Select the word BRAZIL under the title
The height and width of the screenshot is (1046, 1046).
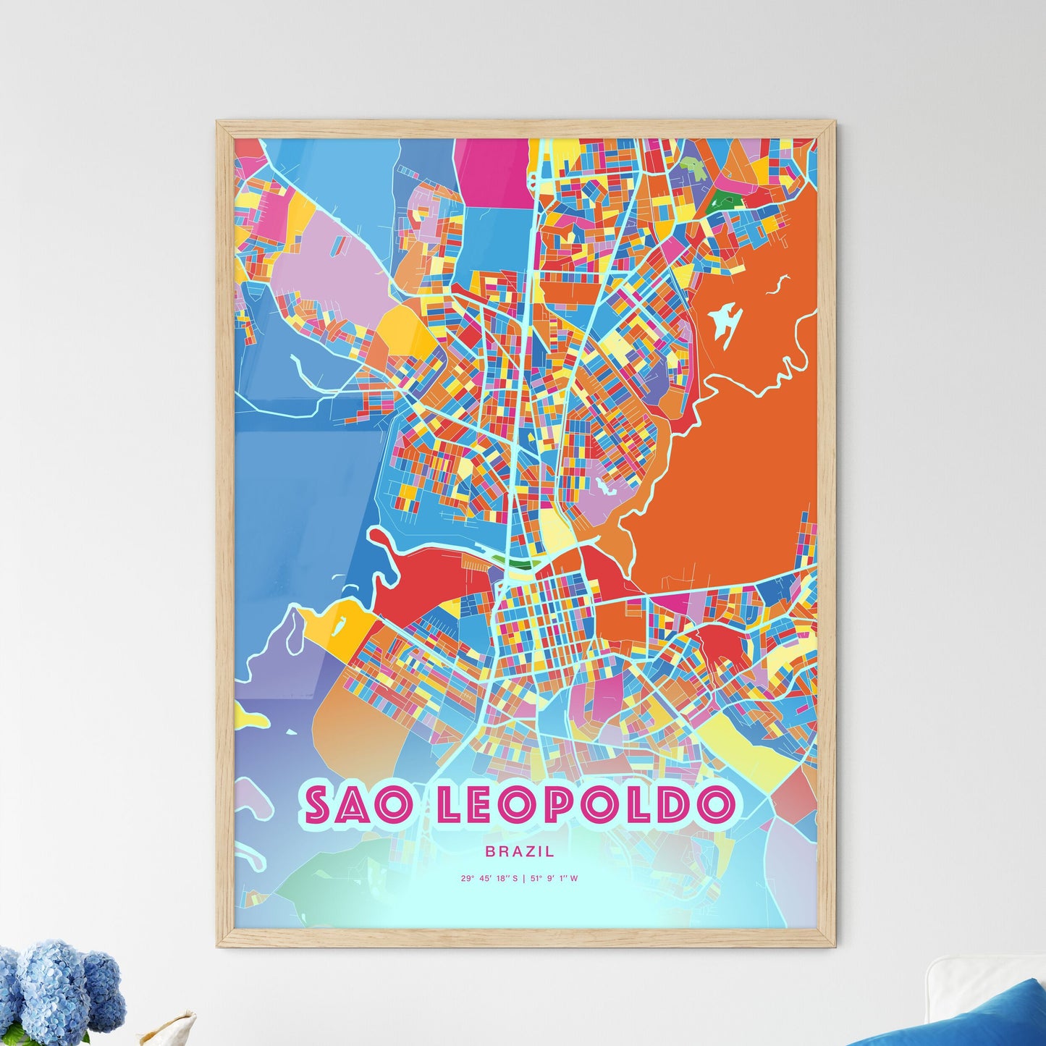(523, 852)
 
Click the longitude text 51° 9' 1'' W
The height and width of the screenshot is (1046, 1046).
(554, 879)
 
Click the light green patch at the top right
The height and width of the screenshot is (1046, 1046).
(693, 169)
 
